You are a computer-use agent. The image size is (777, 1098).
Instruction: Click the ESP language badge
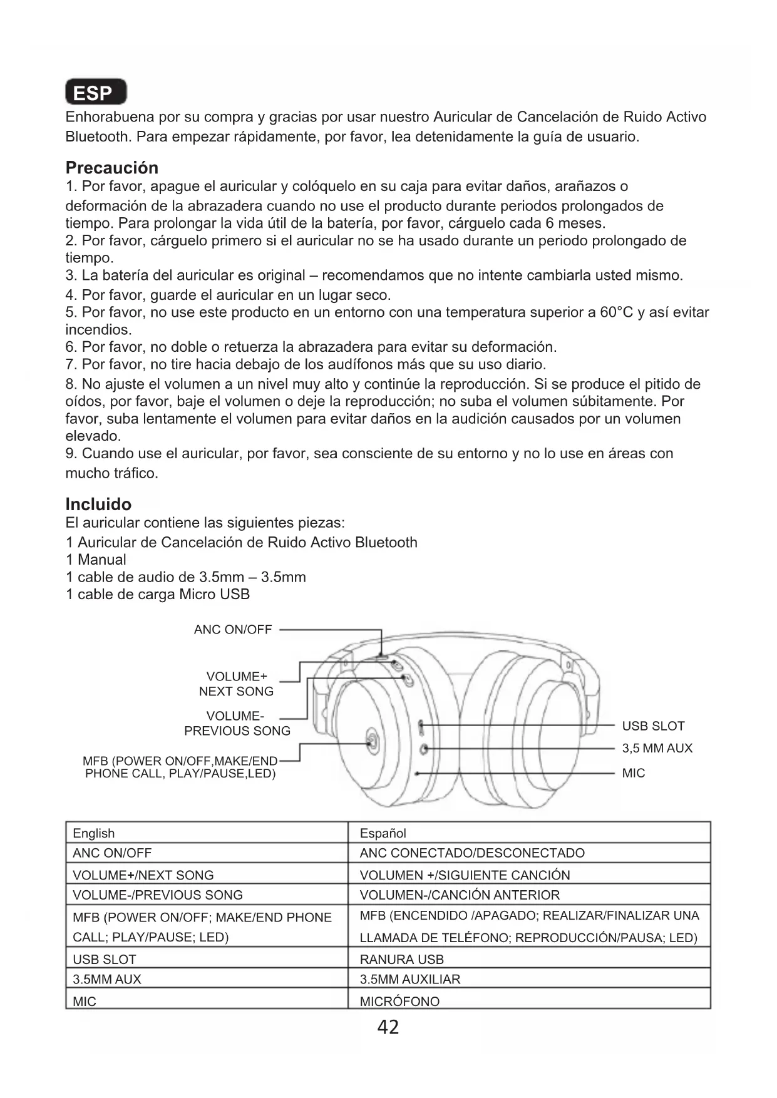click(96, 93)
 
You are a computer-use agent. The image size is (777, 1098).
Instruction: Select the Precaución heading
click(112, 168)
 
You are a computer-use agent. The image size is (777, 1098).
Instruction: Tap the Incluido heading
click(98, 505)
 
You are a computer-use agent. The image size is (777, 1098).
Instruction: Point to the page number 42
click(388, 1027)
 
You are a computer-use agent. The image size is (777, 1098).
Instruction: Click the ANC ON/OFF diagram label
click(233, 630)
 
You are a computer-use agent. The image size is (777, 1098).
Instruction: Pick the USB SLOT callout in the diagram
click(653, 726)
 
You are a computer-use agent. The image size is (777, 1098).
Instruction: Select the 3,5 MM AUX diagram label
click(657, 748)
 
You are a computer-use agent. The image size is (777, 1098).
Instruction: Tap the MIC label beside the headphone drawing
click(633, 773)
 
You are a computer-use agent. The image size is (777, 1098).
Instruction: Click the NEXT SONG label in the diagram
click(236, 691)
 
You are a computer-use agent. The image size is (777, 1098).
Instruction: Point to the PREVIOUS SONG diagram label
click(237, 731)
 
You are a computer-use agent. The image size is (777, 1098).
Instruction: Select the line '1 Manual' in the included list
click(96, 560)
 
